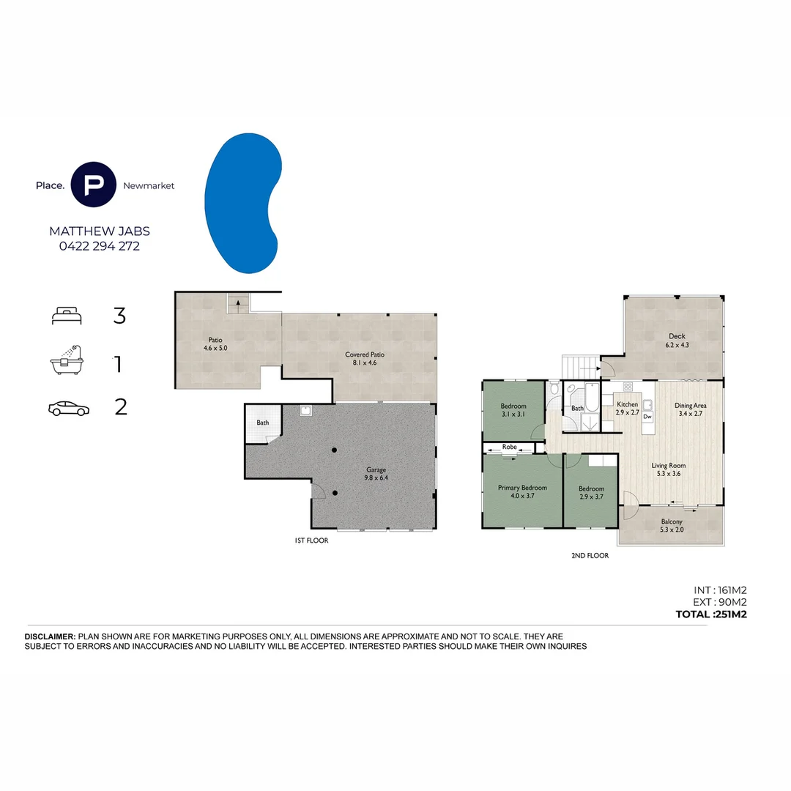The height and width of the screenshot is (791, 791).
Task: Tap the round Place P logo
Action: [94, 185]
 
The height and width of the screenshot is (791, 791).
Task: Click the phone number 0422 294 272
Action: [99, 246]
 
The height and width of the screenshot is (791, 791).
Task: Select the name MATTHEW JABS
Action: [99, 231]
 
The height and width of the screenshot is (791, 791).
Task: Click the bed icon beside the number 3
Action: [68, 316]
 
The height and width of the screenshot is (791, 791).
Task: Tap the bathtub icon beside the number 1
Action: [68, 360]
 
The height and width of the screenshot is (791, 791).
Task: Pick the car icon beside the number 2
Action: [68, 408]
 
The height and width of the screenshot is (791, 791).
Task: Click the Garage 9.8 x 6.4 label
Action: [376, 474]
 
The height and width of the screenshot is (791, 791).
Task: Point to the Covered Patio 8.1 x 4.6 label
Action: [365, 358]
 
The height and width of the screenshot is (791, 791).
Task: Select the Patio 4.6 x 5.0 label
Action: [215, 344]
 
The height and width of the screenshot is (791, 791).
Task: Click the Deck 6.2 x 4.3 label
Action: [676, 341]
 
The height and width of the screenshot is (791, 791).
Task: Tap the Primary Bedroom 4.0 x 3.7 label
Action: [522, 492]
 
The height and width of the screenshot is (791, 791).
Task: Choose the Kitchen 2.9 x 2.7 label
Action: [627, 409]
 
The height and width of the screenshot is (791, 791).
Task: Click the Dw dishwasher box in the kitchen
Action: [647, 416]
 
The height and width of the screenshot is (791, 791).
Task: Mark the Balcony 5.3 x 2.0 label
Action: [671, 526]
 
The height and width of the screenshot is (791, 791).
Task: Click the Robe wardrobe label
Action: [510, 446]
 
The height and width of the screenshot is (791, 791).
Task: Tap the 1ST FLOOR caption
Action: [311, 541]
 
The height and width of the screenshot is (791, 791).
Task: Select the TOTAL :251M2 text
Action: [710, 614]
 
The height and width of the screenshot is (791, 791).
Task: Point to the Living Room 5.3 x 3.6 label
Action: [669, 469]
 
